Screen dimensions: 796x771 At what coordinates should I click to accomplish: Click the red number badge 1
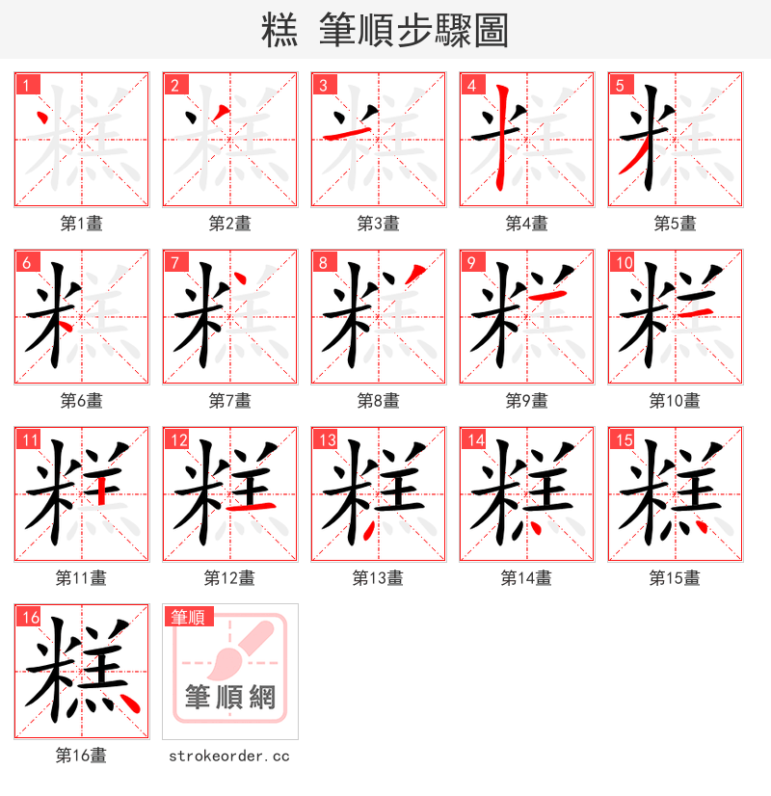click(26, 85)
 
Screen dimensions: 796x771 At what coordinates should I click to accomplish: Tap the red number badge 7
click(174, 262)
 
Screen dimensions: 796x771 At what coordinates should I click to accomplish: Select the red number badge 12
click(177, 439)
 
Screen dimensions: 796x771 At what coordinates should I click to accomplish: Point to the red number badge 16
click(29, 617)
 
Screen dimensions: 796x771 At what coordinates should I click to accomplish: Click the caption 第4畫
click(526, 224)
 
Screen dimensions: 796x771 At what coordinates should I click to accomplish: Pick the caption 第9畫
click(526, 401)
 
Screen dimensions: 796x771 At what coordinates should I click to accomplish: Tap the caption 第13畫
click(378, 578)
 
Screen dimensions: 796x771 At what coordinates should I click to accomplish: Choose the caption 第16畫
click(81, 756)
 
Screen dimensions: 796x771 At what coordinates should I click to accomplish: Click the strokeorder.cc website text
click(229, 756)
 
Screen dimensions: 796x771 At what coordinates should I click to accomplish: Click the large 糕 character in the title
click(279, 31)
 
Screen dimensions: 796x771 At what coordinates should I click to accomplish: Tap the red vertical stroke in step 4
click(501, 140)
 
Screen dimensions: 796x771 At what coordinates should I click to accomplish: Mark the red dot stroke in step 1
click(41, 120)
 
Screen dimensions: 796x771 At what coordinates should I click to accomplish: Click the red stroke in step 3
click(339, 132)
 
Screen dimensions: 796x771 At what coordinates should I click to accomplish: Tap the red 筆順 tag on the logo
click(189, 617)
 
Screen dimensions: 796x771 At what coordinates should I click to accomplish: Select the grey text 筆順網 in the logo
click(229, 697)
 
